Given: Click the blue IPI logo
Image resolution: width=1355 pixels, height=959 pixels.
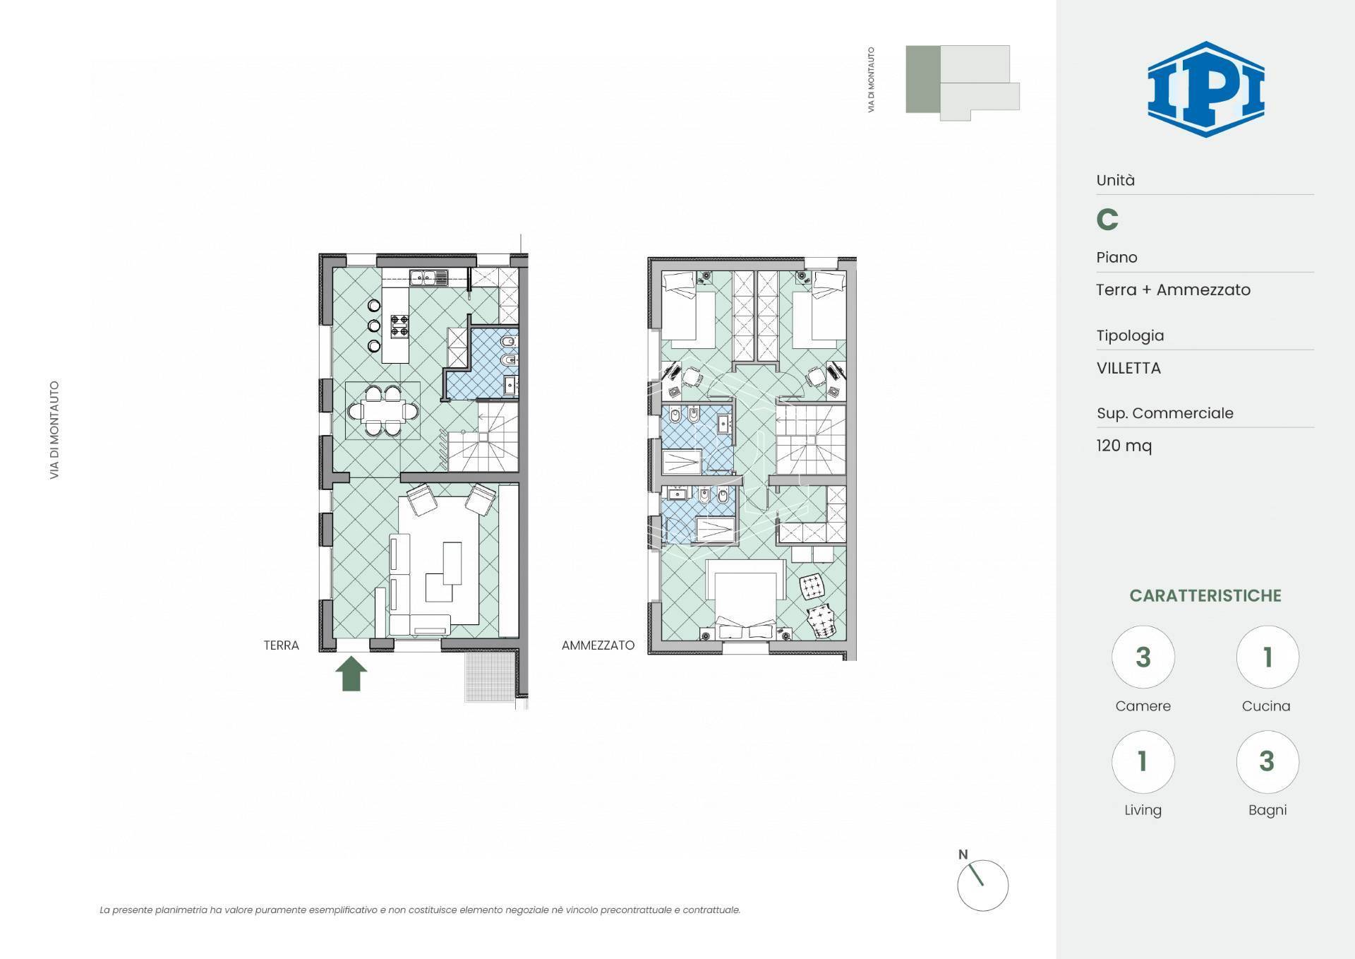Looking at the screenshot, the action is coord(1205,89).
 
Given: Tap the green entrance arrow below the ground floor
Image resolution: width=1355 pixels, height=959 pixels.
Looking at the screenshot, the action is coord(351,674).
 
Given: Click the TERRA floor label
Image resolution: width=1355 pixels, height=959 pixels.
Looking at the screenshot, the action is coord(281,645).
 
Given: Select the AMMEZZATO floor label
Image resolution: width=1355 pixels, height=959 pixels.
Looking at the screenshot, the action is coord(598,645).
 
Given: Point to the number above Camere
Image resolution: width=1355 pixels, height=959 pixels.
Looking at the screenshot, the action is coord(1143,657).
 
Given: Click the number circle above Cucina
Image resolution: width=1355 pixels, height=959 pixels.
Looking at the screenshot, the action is coord(1267,657).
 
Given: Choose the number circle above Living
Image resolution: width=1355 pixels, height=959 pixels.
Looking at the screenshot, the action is coord(1143,761).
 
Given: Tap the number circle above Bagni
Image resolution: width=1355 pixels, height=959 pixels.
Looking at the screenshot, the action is coord(1267,761).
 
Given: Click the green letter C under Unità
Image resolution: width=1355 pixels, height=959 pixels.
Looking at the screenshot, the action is coord(1107,220).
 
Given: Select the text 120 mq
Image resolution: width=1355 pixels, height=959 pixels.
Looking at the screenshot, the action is coord(1124,446).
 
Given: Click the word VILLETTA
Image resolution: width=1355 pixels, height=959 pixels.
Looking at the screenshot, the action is coord(1128,368).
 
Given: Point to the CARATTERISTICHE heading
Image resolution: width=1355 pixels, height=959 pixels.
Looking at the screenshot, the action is coord(1205,595).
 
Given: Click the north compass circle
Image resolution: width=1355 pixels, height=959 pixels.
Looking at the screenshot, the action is coord(982,886).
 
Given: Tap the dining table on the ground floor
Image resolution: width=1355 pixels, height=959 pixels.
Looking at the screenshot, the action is coord(383,410).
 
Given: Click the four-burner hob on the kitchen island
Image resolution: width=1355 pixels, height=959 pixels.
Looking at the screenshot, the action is coord(399,326).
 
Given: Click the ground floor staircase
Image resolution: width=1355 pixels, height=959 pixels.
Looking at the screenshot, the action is coord(483,437).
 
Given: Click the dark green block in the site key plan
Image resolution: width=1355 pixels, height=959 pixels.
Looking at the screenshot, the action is coord(922,79).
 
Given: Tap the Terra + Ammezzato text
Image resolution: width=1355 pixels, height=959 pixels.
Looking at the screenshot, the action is coord(1173,290).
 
